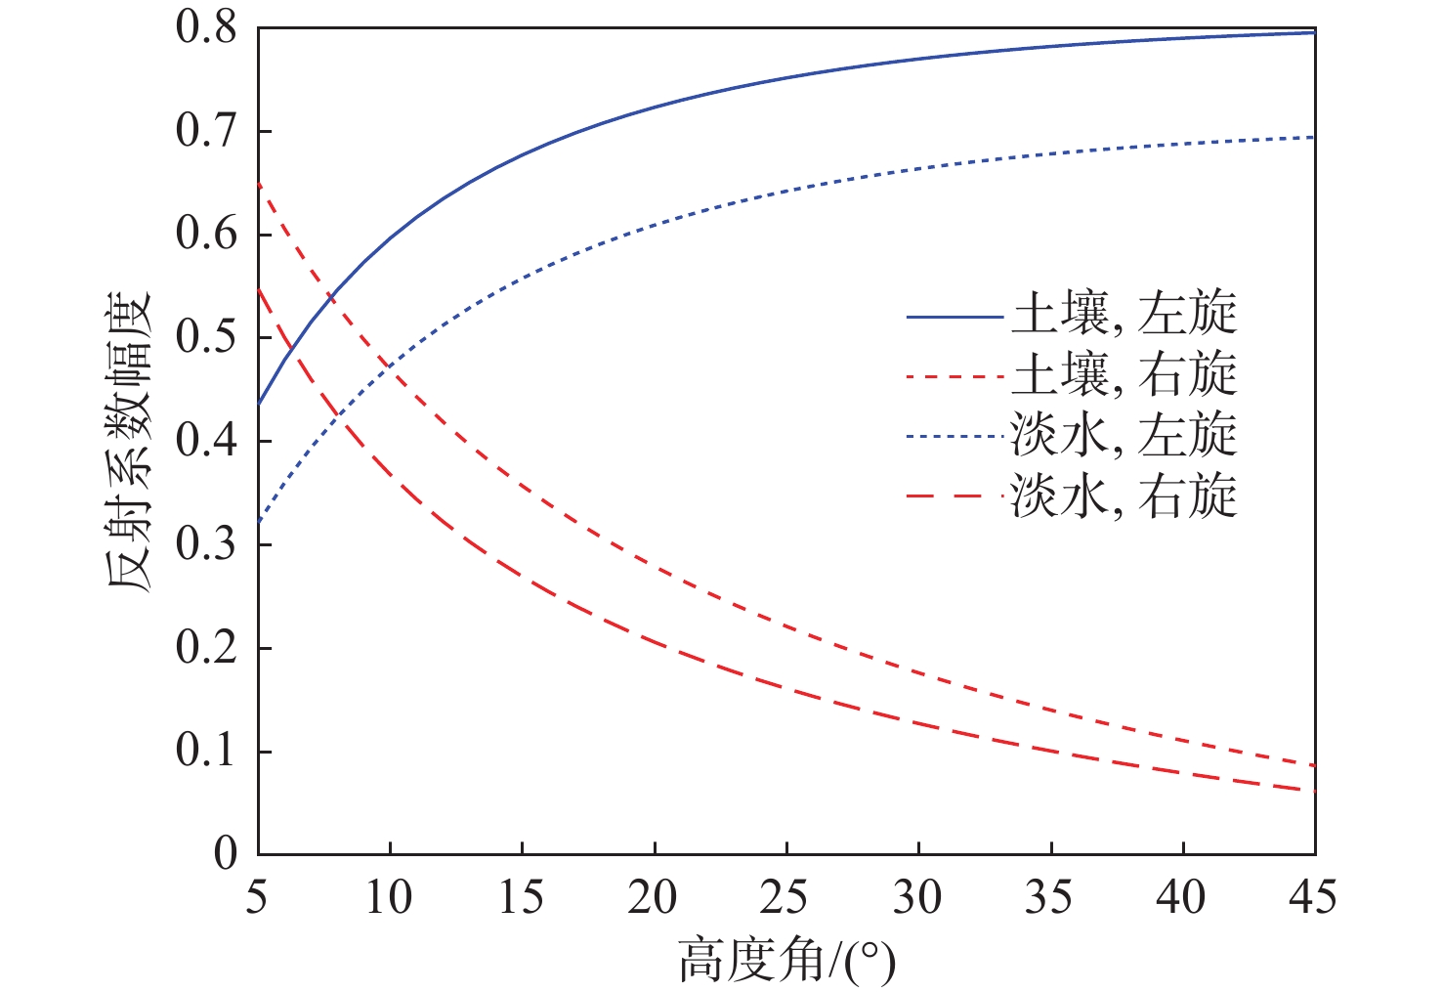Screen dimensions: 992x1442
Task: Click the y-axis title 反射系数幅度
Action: pyautogui.click(x=129, y=441)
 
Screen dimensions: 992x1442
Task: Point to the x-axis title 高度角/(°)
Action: pyautogui.click(x=786, y=962)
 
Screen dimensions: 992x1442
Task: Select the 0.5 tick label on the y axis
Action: pyautogui.click(x=206, y=338)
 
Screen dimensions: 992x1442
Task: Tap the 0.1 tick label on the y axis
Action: pyautogui.click(x=206, y=751)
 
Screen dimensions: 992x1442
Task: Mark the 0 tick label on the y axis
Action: pyautogui.click(x=226, y=854)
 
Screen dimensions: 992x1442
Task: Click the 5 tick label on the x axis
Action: pyautogui.click(x=257, y=897)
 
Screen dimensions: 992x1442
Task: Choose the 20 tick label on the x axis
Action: pyautogui.click(x=653, y=897)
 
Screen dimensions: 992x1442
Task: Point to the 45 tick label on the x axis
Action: pyautogui.click(x=1312, y=897)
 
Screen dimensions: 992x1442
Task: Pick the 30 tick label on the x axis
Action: pyautogui.click(x=917, y=897)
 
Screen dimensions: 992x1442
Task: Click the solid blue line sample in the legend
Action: pyautogui.click(x=954, y=317)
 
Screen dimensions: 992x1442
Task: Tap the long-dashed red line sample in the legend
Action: pyautogui.click(x=954, y=497)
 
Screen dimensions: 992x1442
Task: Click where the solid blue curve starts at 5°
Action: pyautogui.click(x=259, y=404)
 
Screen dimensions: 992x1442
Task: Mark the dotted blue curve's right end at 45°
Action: pyautogui.click(x=1314, y=137)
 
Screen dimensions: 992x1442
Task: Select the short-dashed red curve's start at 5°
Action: pyautogui.click(x=259, y=184)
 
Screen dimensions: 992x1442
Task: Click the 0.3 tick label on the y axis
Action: pyautogui.click(x=206, y=544)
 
